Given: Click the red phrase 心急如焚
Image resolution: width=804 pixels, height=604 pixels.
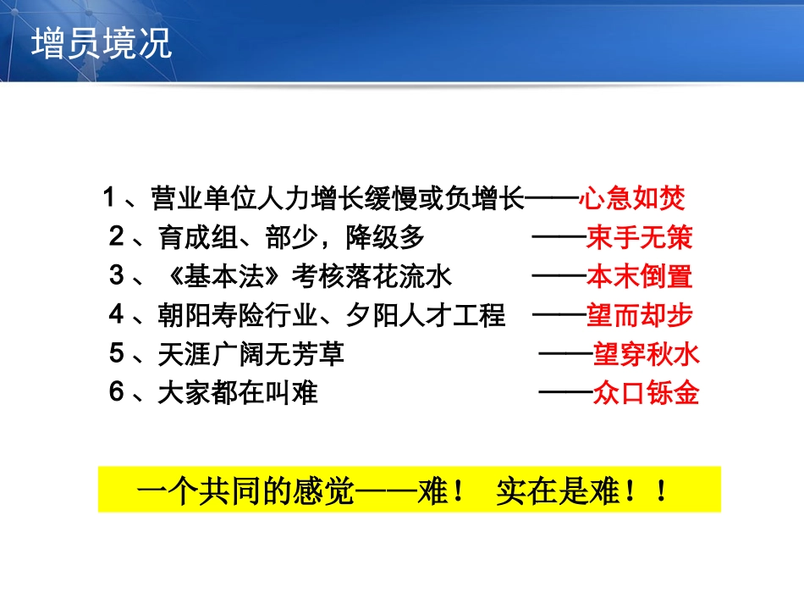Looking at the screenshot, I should point(631,199).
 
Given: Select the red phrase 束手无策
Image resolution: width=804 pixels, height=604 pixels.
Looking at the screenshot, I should point(640,238).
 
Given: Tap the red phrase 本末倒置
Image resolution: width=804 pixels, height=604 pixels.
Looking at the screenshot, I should point(640,277).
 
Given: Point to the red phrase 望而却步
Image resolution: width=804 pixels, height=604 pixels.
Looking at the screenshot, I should point(640,316).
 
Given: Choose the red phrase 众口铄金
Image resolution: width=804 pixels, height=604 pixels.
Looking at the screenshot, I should point(647,394).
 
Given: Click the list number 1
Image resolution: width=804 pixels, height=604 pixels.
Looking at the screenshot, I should point(108,199).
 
